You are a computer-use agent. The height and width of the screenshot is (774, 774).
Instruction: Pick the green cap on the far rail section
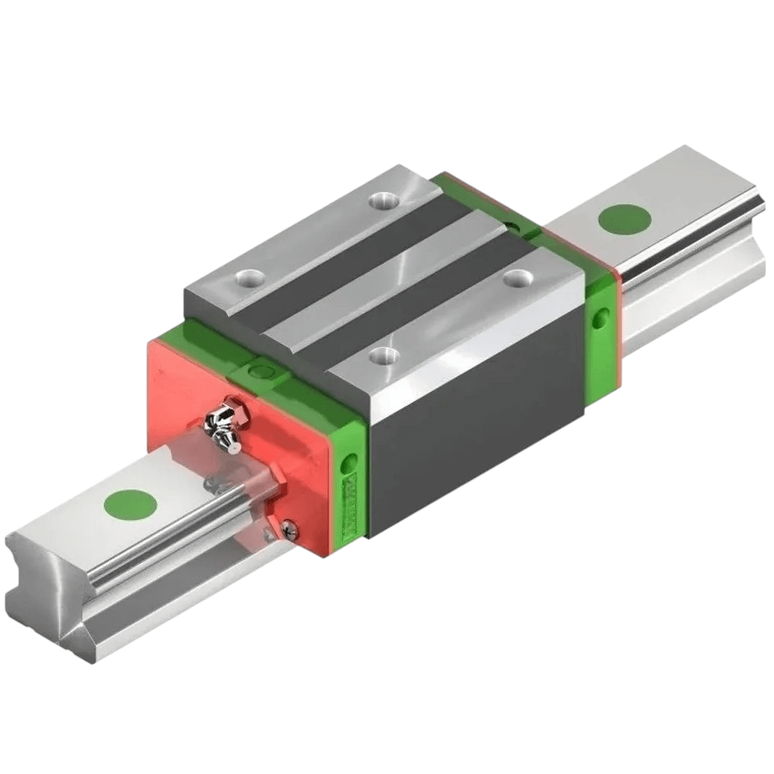click(625, 219)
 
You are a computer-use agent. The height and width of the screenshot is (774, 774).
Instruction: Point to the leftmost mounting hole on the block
click(250, 276)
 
